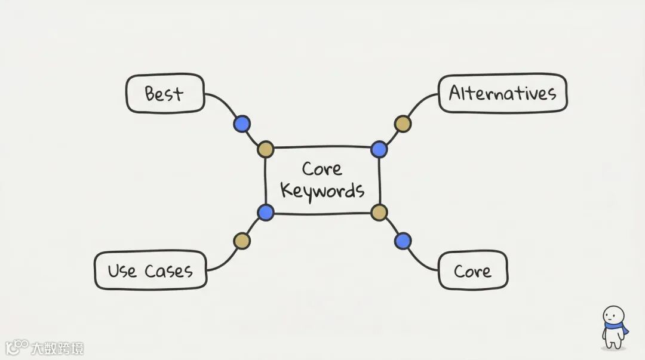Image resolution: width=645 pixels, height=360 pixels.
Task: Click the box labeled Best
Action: pyautogui.click(x=165, y=94)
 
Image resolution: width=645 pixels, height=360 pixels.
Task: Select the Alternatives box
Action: pyautogui.click(x=503, y=93)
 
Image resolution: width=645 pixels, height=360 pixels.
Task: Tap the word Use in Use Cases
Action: pyautogui.click(x=122, y=271)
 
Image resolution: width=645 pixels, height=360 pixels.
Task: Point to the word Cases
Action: pyautogui.click(x=168, y=271)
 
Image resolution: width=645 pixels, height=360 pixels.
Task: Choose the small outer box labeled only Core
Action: pyautogui.click(x=472, y=271)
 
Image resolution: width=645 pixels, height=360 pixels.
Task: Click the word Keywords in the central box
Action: pyautogui.click(x=322, y=191)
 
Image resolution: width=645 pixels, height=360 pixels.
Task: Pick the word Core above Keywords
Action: pyautogui.click(x=322, y=168)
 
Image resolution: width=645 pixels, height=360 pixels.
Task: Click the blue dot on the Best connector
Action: pyautogui.click(x=241, y=124)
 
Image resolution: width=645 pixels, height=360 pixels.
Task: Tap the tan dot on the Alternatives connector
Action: pyautogui.click(x=403, y=124)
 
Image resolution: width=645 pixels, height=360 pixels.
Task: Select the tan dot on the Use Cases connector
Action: pyautogui.click(x=242, y=241)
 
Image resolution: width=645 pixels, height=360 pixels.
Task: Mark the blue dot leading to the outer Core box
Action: pyautogui.click(x=403, y=241)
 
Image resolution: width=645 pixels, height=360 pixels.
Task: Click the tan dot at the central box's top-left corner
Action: pyautogui.click(x=266, y=149)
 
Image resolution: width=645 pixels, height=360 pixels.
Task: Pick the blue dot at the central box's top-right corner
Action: pyautogui.click(x=379, y=149)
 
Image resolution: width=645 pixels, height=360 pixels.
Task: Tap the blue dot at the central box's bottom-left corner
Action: pyautogui.click(x=266, y=212)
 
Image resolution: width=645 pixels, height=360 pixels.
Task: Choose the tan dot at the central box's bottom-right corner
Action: pyautogui.click(x=379, y=212)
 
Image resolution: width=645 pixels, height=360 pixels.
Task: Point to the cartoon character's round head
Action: pyautogui.click(x=613, y=314)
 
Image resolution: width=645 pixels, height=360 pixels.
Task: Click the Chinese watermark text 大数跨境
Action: pyautogui.click(x=57, y=348)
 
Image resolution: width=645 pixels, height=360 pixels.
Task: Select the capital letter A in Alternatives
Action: pyautogui.click(x=455, y=93)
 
